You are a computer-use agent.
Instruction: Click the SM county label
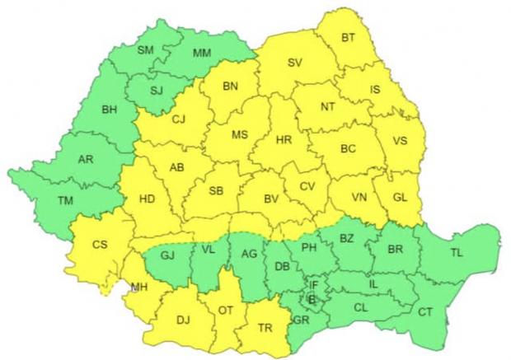click(146, 50)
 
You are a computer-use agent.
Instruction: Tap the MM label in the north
click(200, 54)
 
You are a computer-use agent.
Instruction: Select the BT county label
click(348, 38)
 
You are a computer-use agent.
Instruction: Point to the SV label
click(295, 63)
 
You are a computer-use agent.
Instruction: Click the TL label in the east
click(457, 251)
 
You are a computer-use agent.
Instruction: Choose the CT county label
click(425, 311)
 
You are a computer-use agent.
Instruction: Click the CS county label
click(100, 244)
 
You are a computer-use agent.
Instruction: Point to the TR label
click(265, 327)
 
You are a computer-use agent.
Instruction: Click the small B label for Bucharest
click(312, 300)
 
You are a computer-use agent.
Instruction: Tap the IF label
click(313, 285)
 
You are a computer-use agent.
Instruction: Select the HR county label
click(284, 139)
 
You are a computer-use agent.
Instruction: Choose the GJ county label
click(168, 255)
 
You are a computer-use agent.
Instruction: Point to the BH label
click(110, 109)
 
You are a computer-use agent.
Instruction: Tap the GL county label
click(401, 198)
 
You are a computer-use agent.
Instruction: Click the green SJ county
click(155, 88)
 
